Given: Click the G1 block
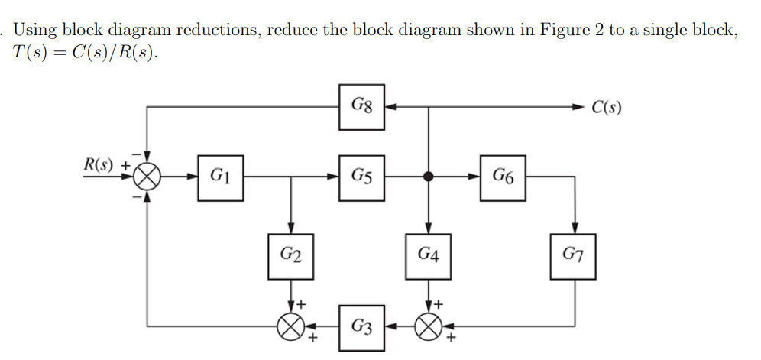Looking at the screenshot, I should tap(221, 177).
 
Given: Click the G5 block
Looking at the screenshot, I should tap(362, 177).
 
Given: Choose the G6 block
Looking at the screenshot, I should tap(503, 177).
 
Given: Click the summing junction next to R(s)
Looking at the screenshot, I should tap(147, 177).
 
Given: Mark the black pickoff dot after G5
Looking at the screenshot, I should tap(429, 177).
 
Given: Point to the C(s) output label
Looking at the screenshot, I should tap(607, 107).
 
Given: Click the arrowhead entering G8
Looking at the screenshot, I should tap(390, 107).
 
